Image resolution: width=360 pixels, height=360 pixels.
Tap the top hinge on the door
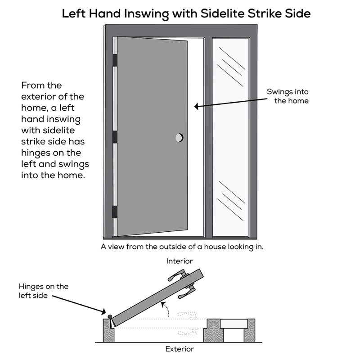click(115, 59)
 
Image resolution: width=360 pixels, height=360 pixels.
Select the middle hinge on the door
click(115, 136)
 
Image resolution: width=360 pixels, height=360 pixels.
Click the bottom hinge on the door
click(115, 211)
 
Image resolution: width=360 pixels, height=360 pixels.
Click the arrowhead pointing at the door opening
click(197, 107)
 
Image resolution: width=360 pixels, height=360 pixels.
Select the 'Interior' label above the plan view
click(180, 261)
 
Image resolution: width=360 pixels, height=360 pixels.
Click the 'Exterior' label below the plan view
click(180, 349)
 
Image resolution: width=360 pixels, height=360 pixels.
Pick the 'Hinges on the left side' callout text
click(43, 291)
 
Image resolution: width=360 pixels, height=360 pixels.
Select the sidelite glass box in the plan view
click(236, 323)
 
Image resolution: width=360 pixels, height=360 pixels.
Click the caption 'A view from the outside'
click(182, 247)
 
